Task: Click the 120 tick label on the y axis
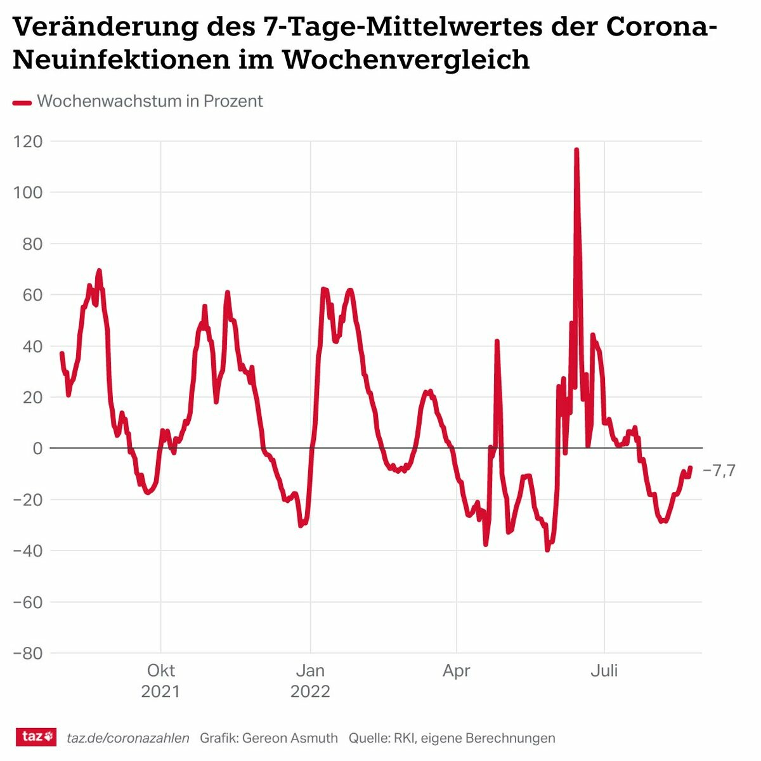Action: click(x=28, y=141)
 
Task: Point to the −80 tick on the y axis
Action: click(x=28, y=653)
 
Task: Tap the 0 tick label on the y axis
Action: click(x=37, y=448)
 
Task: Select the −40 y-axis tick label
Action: click(x=28, y=550)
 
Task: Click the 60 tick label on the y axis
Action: click(x=32, y=295)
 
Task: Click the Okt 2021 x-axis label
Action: click(x=160, y=680)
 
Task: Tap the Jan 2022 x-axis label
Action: click(x=310, y=680)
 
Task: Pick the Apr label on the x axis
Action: click(x=457, y=671)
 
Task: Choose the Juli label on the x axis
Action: click(x=604, y=671)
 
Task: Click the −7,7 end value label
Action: click(x=719, y=471)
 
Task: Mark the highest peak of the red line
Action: click(x=576, y=150)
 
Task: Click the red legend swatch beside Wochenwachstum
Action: click(x=22, y=102)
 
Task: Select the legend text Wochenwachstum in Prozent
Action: click(x=150, y=101)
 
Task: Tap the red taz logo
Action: click(x=36, y=737)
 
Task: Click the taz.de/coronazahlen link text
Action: click(x=128, y=738)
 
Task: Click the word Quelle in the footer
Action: click(x=368, y=738)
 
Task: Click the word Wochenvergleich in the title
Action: click(x=406, y=60)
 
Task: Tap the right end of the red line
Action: click(x=690, y=468)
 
